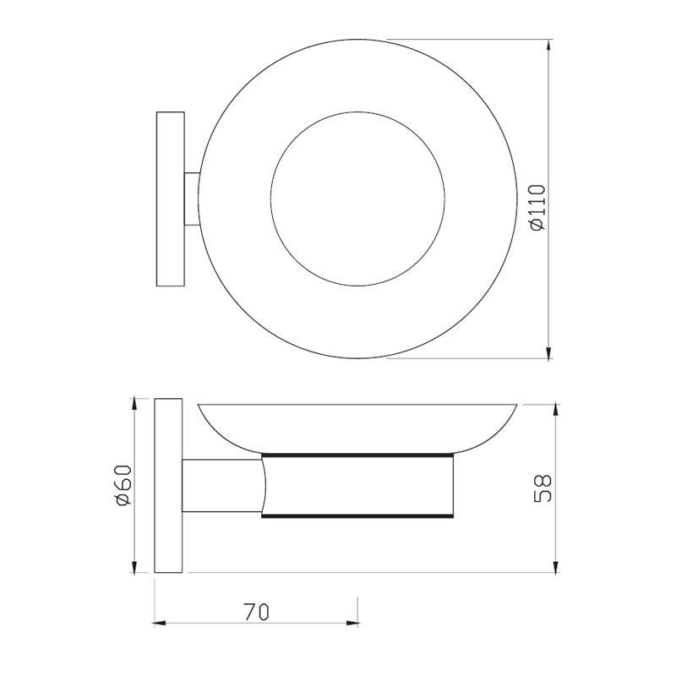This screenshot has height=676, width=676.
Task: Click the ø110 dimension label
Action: (538, 208)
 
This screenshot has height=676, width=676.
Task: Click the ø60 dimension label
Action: (123, 485)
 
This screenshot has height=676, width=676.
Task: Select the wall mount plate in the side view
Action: (170, 485)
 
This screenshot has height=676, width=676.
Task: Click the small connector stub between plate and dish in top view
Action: (193, 199)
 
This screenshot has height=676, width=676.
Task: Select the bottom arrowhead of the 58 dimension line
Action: (554, 564)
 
